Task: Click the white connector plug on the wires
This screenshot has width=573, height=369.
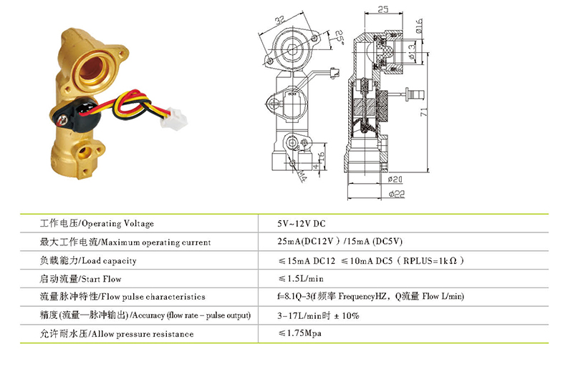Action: point(174,119)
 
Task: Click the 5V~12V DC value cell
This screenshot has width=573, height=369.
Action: point(301,224)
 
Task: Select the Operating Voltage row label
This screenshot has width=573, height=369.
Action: point(97,223)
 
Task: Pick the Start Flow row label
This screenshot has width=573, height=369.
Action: point(80,279)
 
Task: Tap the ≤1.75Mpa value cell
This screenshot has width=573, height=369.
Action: point(299,333)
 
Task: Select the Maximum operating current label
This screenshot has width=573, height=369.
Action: point(125,242)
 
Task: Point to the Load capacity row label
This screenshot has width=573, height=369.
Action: point(88,260)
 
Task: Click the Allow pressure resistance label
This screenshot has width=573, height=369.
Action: point(117,333)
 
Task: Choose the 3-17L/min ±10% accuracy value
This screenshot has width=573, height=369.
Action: point(318,315)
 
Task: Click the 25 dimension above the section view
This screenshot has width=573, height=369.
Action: point(383,9)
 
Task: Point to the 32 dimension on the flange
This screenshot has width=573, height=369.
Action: point(280,20)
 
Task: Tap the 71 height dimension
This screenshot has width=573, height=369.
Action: point(423,112)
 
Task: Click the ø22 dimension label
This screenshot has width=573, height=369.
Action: point(397,194)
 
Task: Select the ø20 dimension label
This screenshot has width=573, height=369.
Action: point(395,179)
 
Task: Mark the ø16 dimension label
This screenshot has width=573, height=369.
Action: point(419,26)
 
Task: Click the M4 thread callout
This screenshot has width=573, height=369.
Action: point(302,176)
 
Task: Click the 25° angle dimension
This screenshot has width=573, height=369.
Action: point(340,38)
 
